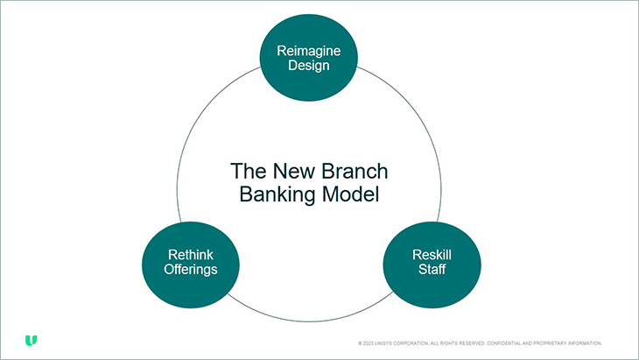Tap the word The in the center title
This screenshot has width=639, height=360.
246,170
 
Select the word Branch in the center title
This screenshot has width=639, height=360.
356,170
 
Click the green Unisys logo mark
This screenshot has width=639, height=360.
31,340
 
